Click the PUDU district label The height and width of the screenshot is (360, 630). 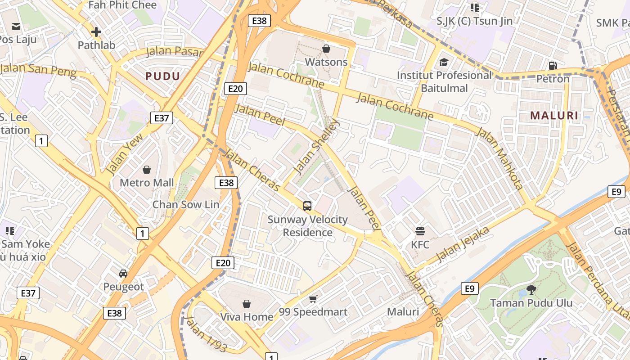point(162,76)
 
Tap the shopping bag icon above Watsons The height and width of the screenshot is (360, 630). point(326,48)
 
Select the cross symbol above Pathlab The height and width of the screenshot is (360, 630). point(96,32)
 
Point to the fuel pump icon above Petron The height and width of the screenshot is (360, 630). point(553,66)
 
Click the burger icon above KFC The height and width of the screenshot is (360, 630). point(420,231)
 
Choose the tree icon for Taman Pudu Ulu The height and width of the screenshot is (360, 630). point(531,289)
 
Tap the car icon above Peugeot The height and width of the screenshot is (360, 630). point(123,273)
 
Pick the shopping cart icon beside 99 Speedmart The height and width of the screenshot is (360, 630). point(313,299)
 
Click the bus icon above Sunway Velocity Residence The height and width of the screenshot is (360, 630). point(307,206)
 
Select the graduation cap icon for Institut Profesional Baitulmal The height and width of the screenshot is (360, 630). point(444,62)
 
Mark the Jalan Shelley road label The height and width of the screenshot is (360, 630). point(316,146)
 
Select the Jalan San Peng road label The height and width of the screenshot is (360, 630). point(38,70)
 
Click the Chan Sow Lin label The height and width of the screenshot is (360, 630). point(186,204)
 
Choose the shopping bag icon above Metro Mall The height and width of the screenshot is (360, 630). point(147,170)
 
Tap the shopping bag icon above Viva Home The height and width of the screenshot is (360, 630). point(246,304)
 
